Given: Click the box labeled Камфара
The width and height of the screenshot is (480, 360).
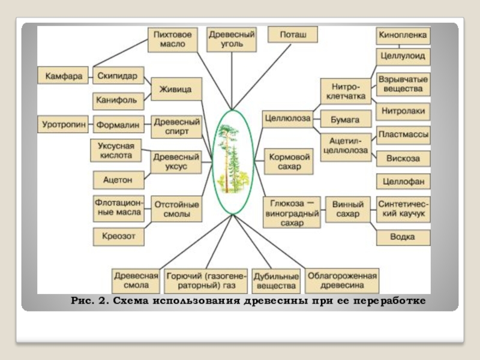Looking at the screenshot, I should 63,76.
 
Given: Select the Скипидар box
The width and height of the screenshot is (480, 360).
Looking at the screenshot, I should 118,76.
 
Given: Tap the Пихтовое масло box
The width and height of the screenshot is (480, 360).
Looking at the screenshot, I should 172,40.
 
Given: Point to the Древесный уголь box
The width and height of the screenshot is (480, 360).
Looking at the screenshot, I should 232,40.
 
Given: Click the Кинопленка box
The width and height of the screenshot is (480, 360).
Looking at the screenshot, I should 403,35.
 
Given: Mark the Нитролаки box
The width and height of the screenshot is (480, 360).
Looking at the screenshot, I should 403,111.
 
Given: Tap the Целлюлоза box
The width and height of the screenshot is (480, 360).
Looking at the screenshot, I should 287,118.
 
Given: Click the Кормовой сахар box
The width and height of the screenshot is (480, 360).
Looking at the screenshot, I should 289,161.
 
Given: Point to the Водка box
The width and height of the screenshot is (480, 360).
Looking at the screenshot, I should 403,237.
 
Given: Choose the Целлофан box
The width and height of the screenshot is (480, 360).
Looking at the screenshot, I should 403,181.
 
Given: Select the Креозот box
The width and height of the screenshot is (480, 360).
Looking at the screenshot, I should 118,236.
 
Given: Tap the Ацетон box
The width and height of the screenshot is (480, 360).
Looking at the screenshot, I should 118,179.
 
